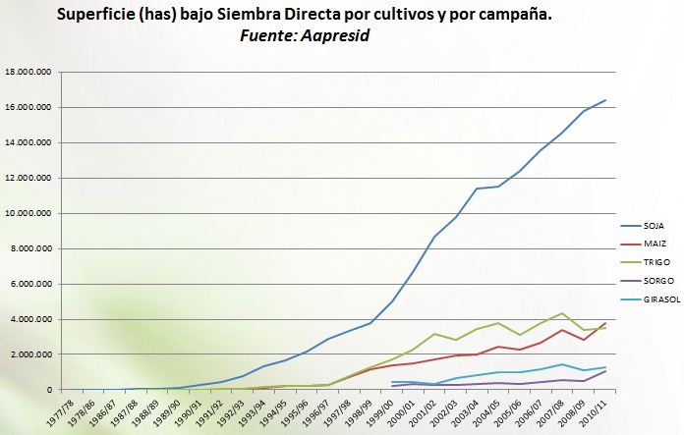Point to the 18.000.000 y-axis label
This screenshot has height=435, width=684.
[x=29, y=72]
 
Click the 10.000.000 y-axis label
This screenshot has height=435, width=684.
[x=29, y=213]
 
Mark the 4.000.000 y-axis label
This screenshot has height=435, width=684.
[x=31, y=319]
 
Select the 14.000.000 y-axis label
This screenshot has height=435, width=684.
[x=29, y=142]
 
